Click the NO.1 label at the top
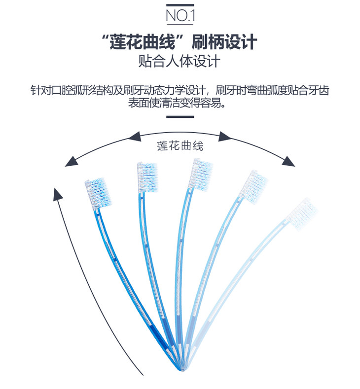click(180, 16)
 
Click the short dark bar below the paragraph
click(180, 117)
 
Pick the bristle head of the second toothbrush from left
click(148, 176)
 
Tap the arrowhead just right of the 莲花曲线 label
click(225, 136)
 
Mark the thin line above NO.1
click(180, 5)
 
